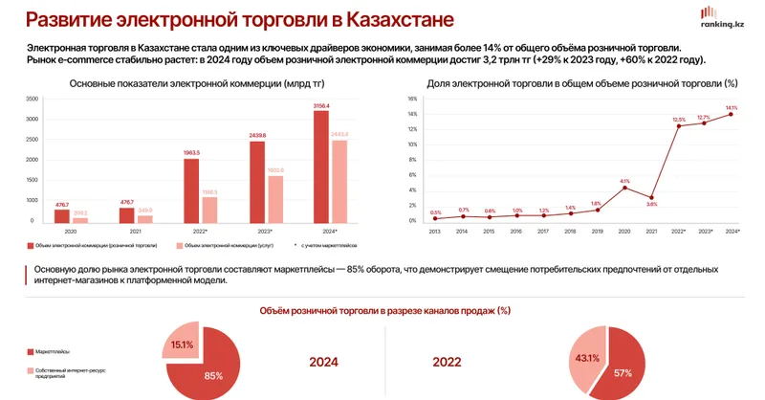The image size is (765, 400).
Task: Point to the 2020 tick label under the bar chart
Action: point(69,233)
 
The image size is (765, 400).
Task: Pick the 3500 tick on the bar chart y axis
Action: point(33,99)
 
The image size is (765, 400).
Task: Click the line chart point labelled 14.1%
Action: point(732,114)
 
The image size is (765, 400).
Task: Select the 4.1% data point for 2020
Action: point(624,188)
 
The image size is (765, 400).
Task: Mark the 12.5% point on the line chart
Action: point(678,126)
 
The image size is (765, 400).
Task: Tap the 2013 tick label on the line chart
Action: point(436,231)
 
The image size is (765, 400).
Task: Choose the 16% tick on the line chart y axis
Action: point(413,99)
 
